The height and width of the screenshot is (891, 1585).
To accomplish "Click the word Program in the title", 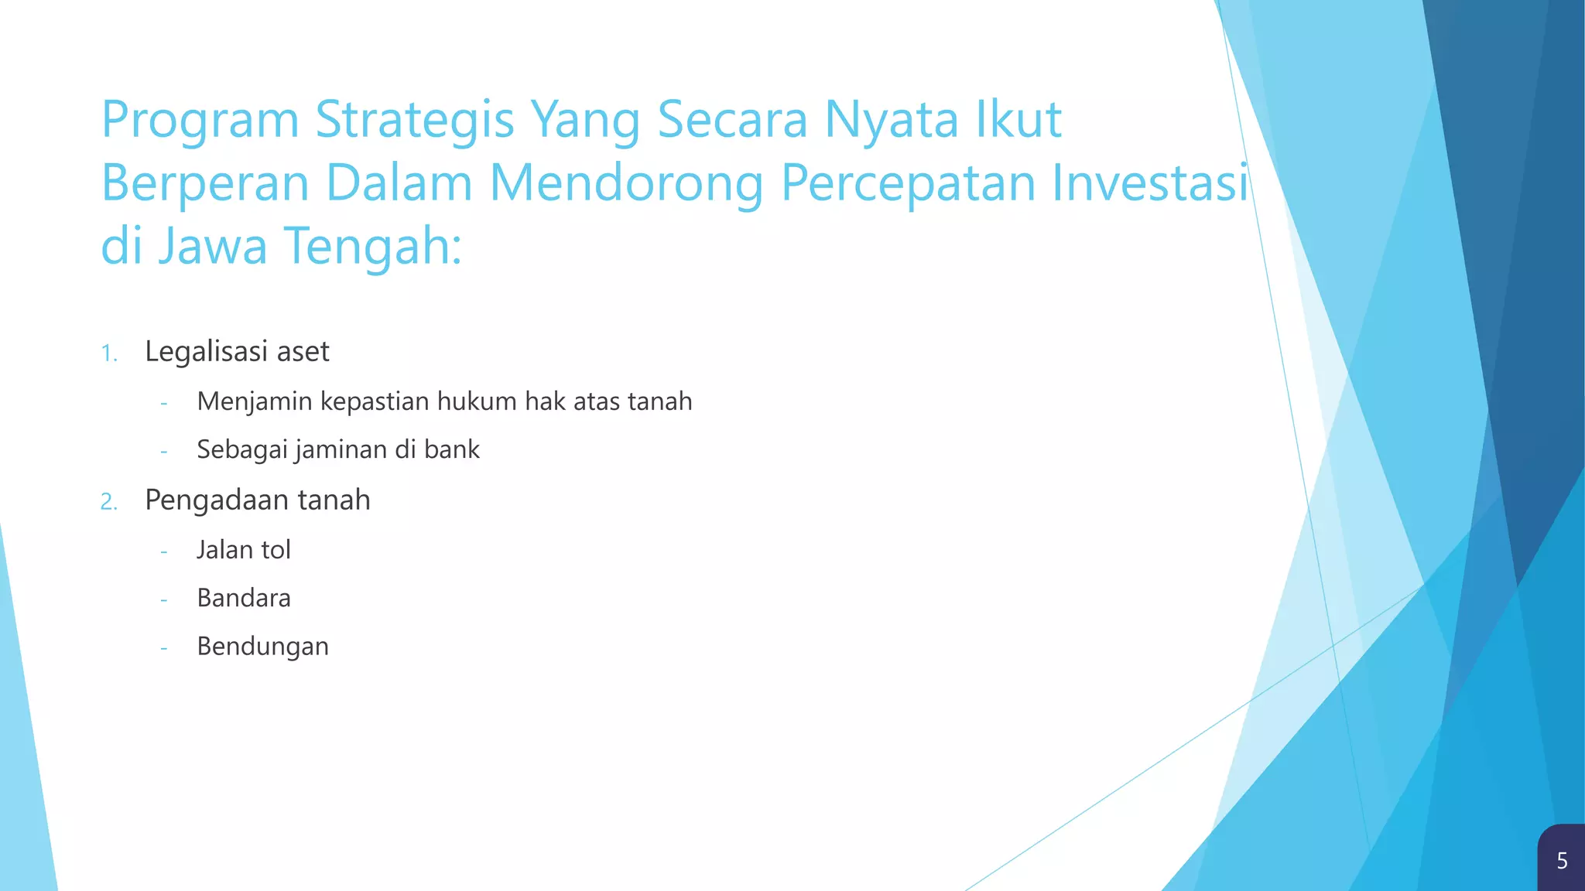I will pyautogui.click(x=200, y=121).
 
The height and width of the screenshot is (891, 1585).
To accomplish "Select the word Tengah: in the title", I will pyautogui.click(x=373, y=247).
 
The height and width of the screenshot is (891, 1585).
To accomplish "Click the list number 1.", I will pyautogui.click(x=108, y=354).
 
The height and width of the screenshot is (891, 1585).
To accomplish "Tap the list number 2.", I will pyautogui.click(x=108, y=503).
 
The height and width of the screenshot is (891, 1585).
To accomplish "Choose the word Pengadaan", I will pyautogui.click(x=217, y=500).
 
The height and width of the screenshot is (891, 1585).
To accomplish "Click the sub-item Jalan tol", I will pyautogui.click(x=243, y=550).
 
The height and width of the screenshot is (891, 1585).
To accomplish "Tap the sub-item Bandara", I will pyautogui.click(x=243, y=598).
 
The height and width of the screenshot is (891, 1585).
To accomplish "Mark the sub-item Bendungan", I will pyautogui.click(x=262, y=647).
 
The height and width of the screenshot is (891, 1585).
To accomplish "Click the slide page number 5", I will pyautogui.click(x=1562, y=861).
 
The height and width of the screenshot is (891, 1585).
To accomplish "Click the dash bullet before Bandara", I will pyautogui.click(x=163, y=599).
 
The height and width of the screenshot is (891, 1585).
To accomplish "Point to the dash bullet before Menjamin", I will pyautogui.click(x=163, y=403).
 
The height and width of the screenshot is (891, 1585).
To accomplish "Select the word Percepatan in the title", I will pyautogui.click(x=907, y=184).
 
